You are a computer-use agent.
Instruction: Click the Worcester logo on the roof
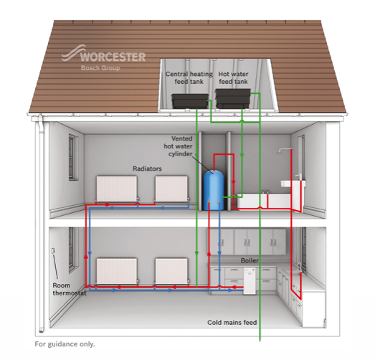point(103,58)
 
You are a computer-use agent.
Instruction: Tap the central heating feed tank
point(190,101)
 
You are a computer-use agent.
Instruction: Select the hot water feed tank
point(233,98)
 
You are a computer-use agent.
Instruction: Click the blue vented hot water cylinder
point(214,190)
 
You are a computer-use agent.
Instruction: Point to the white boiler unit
point(250,281)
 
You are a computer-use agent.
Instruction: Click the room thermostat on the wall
point(53,251)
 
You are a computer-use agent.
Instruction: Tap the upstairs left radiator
point(117,189)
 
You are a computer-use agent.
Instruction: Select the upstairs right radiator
point(171,189)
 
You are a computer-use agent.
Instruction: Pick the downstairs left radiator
point(117,271)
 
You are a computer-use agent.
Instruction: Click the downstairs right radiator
point(171,271)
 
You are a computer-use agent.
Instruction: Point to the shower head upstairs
point(280,151)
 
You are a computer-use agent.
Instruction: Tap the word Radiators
point(147,169)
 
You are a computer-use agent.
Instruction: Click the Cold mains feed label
point(232,323)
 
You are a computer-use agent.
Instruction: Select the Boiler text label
point(250,260)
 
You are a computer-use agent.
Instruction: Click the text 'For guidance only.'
point(65,344)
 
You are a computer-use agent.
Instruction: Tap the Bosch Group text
point(100,68)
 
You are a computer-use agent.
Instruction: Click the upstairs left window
point(72,157)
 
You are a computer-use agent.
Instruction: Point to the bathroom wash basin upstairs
point(293,184)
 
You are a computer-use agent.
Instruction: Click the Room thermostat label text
point(70,289)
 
